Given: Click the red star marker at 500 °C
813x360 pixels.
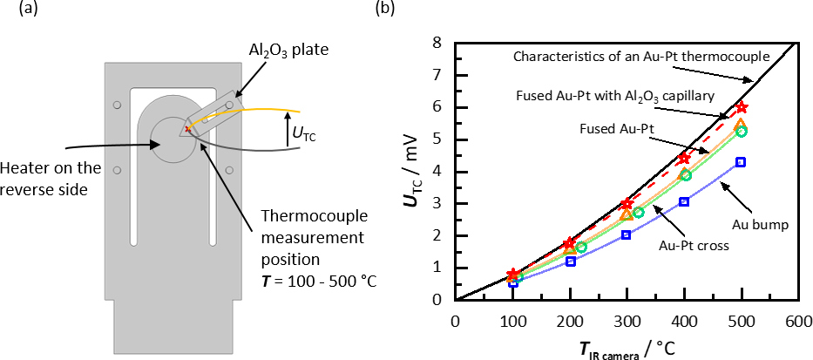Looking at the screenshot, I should [741, 107].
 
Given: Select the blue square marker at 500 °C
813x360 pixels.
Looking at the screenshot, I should [741, 162].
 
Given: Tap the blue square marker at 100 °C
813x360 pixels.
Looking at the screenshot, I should [513, 282].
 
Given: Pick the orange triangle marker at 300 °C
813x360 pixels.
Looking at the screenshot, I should [627, 214].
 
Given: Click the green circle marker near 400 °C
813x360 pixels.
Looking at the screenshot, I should [686, 175].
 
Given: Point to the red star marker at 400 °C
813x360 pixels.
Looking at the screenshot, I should [683, 158].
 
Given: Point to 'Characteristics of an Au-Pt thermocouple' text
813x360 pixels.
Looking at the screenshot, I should [640, 57].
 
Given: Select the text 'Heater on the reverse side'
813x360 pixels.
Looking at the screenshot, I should [44, 176].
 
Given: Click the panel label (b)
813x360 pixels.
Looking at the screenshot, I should [383, 10].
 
